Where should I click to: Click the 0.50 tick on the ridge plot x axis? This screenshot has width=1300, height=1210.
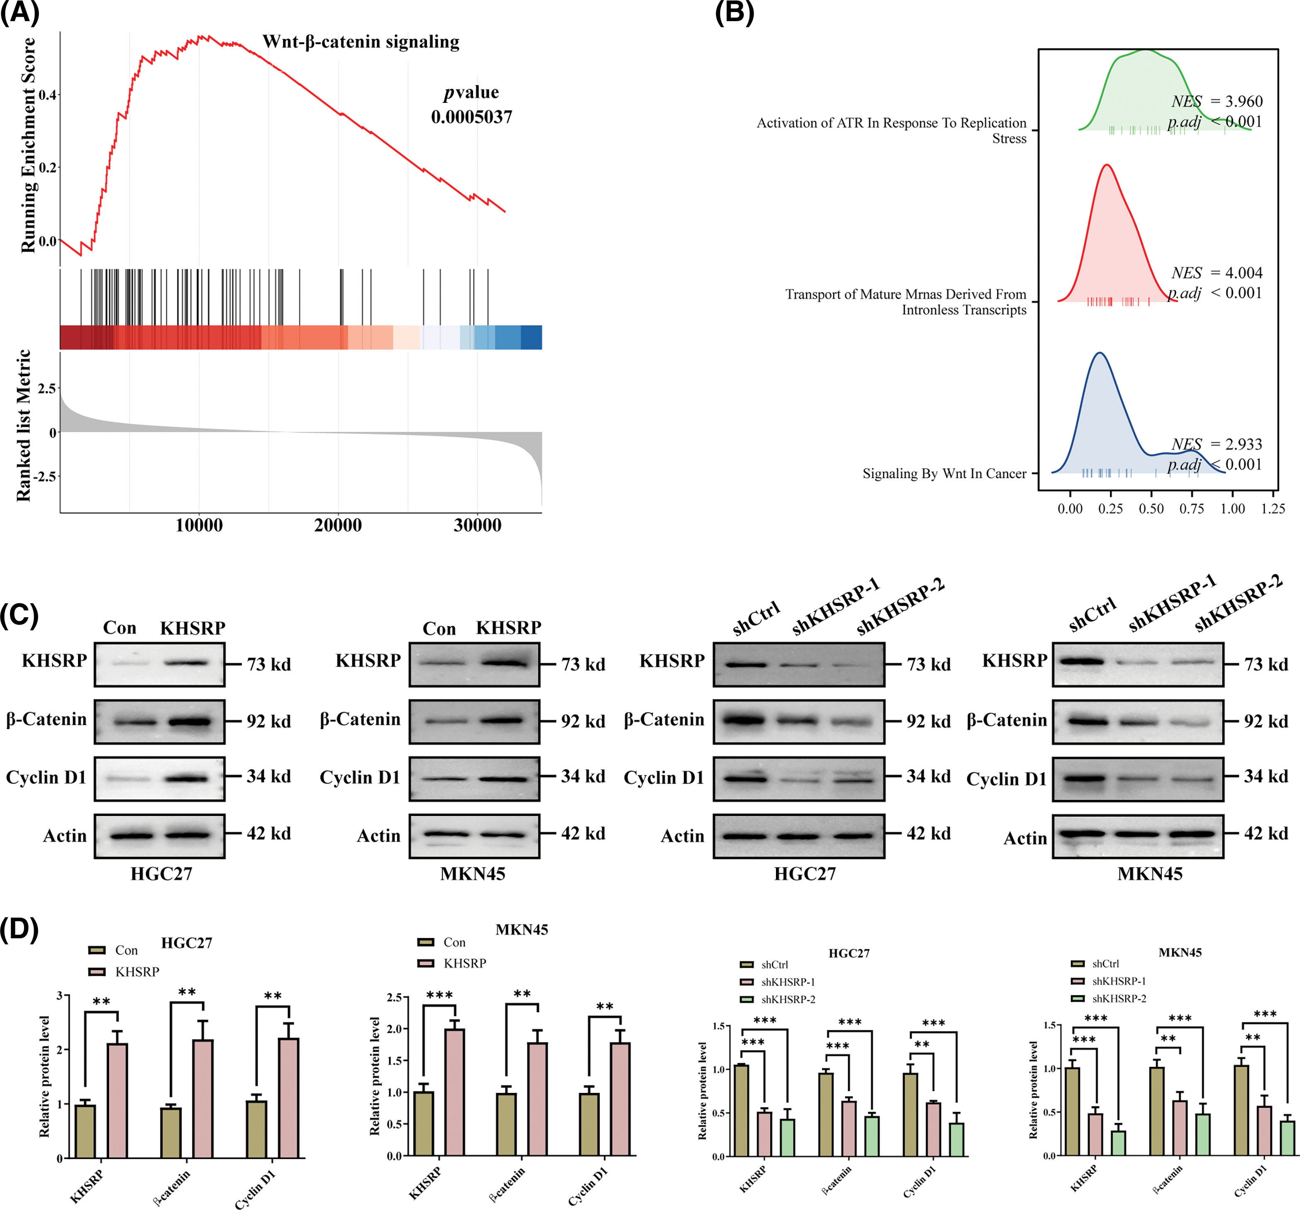(x=1151, y=509)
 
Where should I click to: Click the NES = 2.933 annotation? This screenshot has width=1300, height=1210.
(x=1216, y=445)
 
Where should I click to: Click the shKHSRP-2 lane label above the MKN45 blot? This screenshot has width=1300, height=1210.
(x=1238, y=604)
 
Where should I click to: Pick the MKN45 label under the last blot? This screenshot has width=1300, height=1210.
(x=1150, y=874)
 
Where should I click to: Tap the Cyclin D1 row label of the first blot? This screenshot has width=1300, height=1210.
(x=46, y=777)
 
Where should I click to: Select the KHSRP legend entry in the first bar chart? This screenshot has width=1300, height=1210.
(x=137, y=972)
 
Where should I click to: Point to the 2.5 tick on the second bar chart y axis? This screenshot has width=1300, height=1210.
(x=394, y=998)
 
